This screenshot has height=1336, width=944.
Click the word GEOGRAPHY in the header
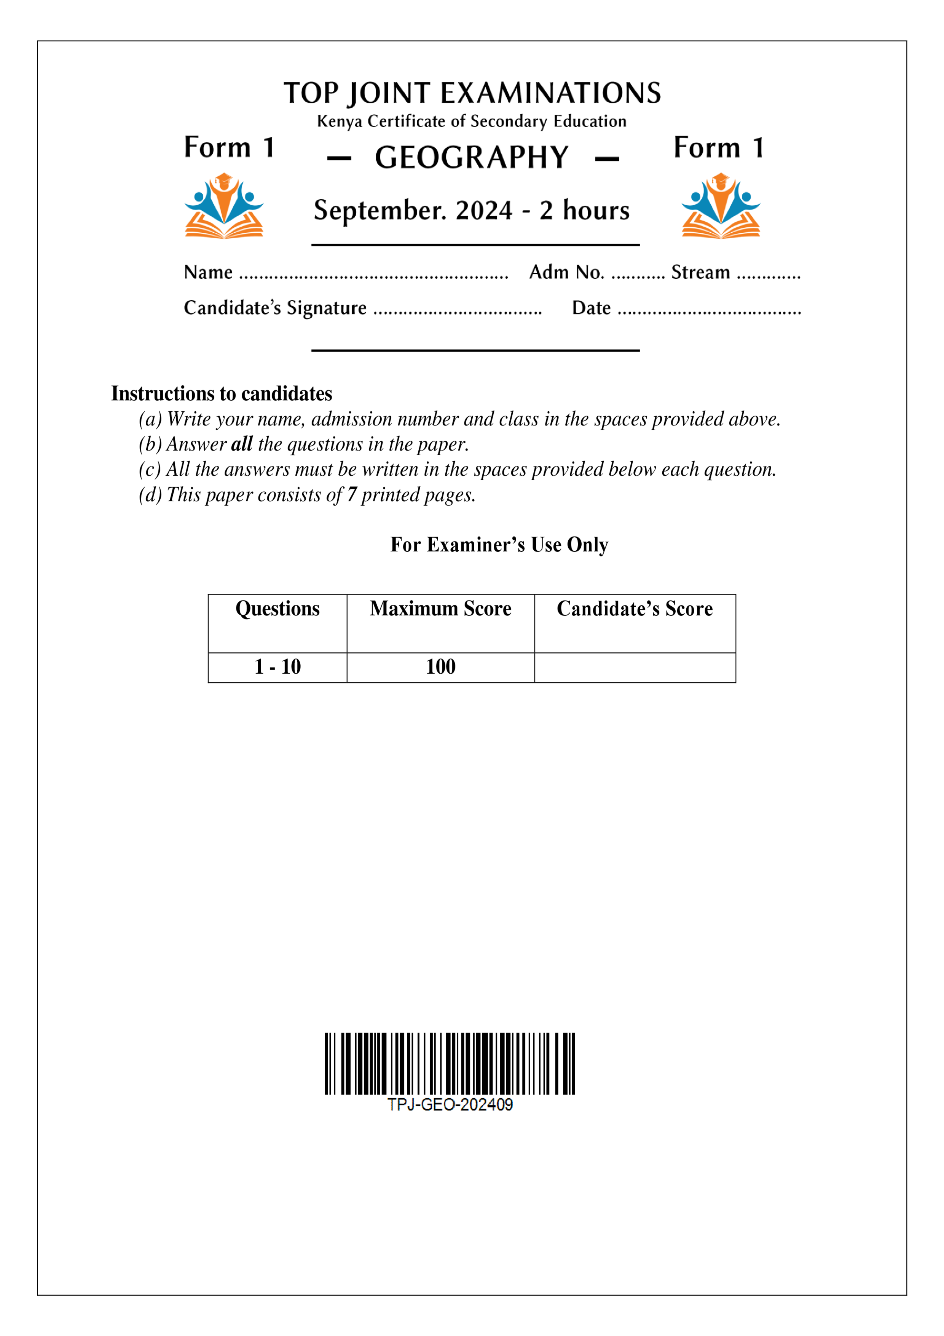point(471,158)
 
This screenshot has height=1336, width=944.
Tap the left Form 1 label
point(229,148)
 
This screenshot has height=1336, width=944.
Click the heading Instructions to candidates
point(222,394)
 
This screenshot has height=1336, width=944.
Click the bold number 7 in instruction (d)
point(352,495)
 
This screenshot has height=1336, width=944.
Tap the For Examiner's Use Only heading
point(499,545)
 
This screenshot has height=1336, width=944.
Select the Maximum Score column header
point(440,609)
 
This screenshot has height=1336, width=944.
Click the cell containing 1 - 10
point(277,667)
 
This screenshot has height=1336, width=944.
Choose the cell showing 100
point(440,667)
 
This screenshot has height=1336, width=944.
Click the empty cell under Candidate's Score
point(635,667)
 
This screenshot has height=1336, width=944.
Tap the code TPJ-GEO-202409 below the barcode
point(450,1105)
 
